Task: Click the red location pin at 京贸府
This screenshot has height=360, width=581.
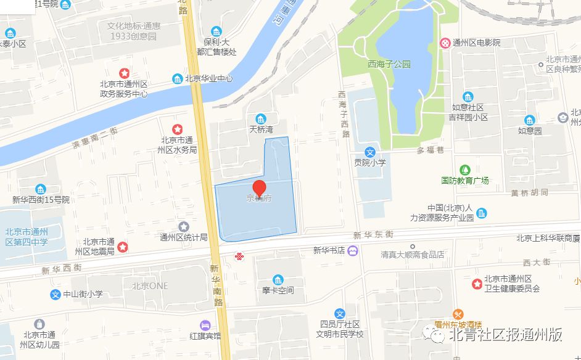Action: [260, 188]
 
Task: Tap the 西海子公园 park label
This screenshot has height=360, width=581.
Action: [389, 64]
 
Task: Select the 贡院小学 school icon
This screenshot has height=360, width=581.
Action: [370, 151]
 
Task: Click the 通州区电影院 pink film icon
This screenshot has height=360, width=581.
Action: [445, 43]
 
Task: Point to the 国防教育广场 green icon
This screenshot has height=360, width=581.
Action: [464, 169]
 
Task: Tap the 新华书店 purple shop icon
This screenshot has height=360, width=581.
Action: [352, 250]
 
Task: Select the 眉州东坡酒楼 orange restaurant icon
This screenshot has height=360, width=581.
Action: [458, 314]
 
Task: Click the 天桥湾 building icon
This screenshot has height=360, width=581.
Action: [261, 119]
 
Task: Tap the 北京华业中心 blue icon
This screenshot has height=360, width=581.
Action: [177, 79]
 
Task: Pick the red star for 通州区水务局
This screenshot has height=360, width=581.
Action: [177, 129]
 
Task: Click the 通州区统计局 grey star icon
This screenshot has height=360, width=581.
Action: [183, 227]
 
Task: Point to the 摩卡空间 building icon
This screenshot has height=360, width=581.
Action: [278, 279]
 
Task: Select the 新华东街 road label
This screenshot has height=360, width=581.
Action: [374, 235]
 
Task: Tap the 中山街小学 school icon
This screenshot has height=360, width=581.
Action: [56, 295]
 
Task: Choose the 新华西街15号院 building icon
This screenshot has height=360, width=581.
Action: [41, 189]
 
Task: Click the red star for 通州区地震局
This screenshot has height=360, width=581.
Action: [123, 247]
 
